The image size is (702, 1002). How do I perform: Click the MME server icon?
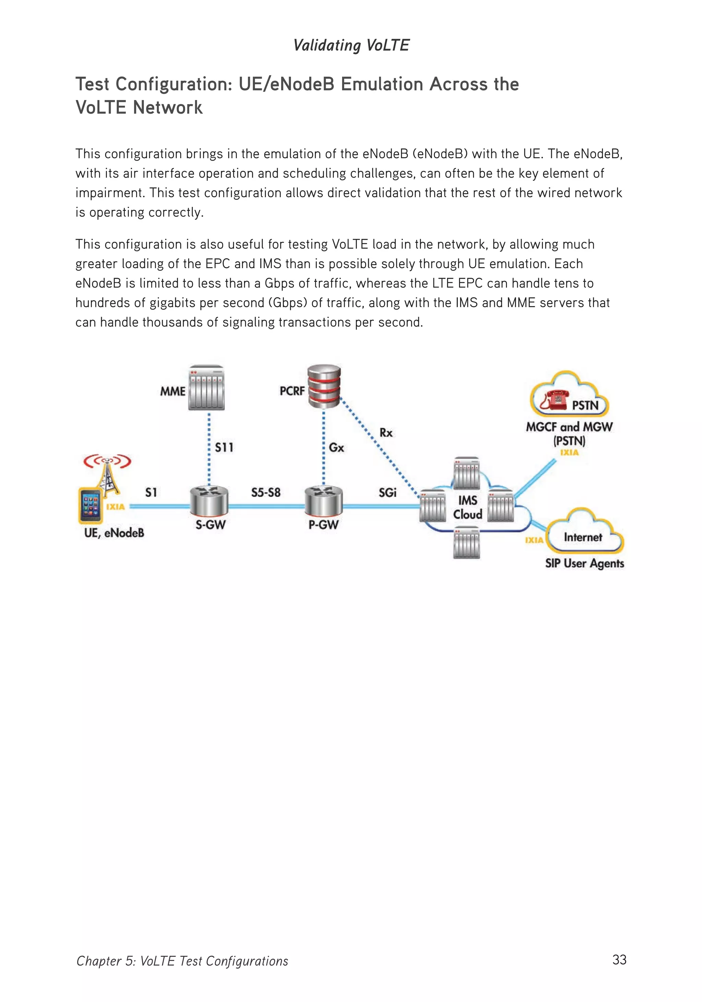(207, 388)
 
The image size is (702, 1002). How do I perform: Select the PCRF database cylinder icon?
(324, 386)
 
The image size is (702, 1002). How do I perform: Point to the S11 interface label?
(224, 447)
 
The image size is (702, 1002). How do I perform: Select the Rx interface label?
(386, 433)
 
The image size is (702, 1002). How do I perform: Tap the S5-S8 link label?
(266, 492)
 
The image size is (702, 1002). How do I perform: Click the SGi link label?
(387, 492)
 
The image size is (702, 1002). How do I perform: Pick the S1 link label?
(151, 492)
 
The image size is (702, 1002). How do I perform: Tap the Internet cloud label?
(583, 537)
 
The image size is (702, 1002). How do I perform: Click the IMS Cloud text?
(468, 507)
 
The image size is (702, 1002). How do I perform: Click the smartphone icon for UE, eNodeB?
(90, 505)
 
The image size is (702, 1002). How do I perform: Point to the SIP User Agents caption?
(584, 563)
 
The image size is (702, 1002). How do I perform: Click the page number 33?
(619, 960)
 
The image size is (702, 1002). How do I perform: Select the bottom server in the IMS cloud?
(467, 542)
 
